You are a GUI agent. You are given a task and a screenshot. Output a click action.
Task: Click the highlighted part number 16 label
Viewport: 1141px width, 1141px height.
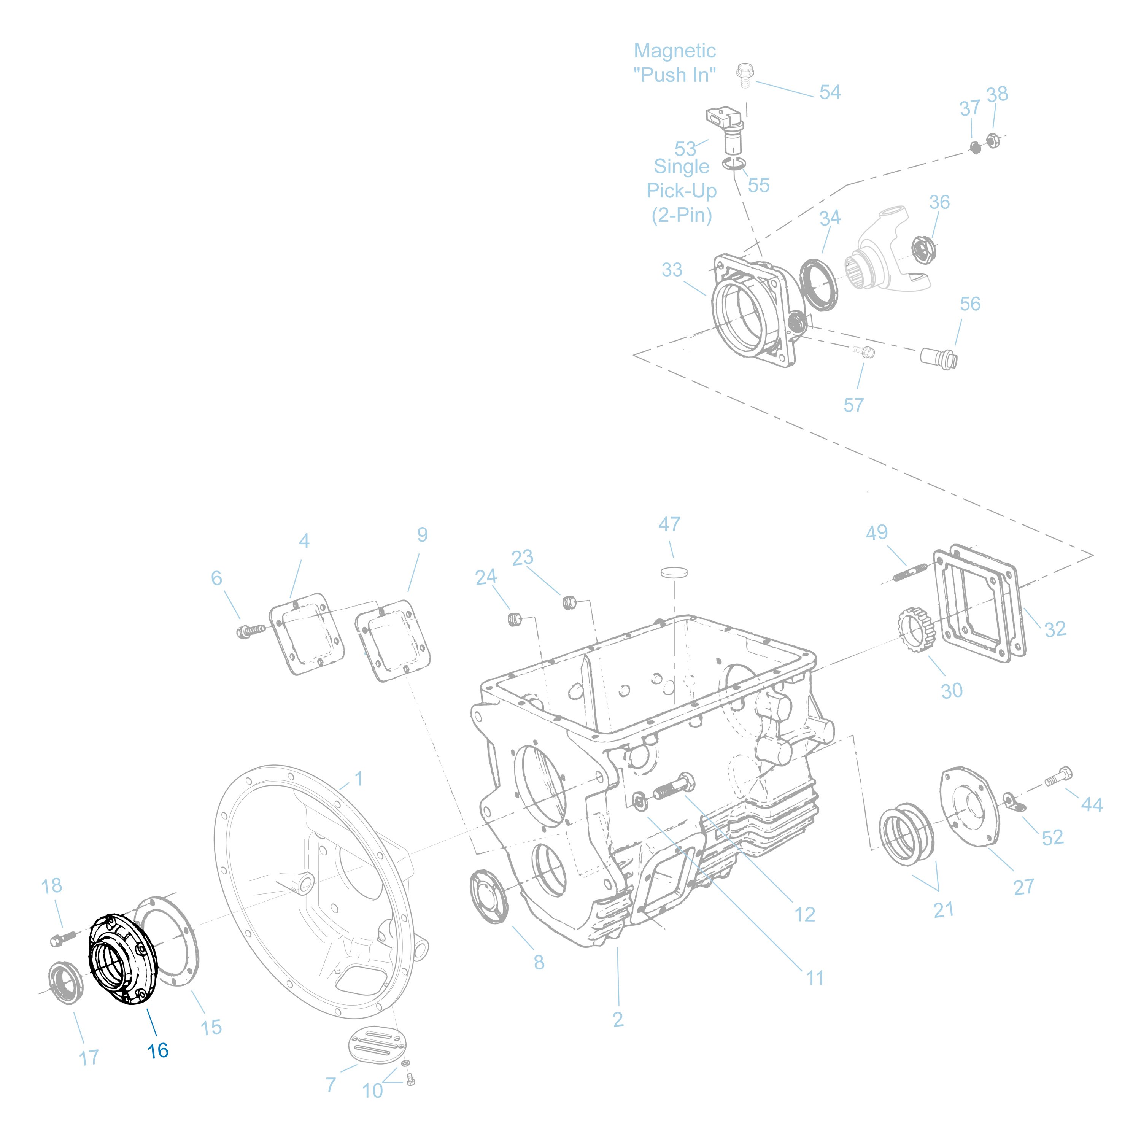click(x=158, y=1050)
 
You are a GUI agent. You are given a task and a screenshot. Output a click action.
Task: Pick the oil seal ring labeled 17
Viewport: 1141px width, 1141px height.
click(x=65, y=982)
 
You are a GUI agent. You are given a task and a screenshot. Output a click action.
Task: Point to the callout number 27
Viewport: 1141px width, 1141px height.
click(x=1023, y=887)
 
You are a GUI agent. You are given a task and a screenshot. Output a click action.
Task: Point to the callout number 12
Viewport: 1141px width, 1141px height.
click(x=804, y=915)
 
